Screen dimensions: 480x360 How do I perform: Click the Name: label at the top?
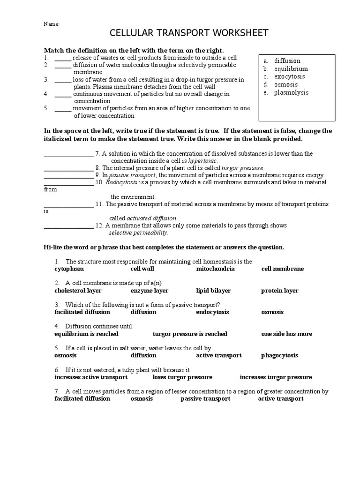(x=52, y=24)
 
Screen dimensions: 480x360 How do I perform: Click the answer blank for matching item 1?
(x=63, y=58)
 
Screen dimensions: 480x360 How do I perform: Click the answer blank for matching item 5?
(x=63, y=109)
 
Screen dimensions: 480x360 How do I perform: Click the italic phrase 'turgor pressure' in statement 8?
(x=242, y=168)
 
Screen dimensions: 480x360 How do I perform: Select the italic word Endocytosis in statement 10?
(x=121, y=182)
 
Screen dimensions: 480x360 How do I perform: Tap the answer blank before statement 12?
(x=68, y=226)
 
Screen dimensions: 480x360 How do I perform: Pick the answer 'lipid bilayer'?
(x=213, y=291)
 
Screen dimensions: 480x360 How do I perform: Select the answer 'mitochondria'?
(x=215, y=269)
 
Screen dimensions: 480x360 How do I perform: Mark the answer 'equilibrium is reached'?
(x=86, y=334)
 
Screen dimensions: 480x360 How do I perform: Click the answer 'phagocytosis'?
(x=279, y=355)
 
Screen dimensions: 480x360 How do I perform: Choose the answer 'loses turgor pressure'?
(x=182, y=377)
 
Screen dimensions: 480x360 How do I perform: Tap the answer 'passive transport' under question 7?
(x=205, y=398)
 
